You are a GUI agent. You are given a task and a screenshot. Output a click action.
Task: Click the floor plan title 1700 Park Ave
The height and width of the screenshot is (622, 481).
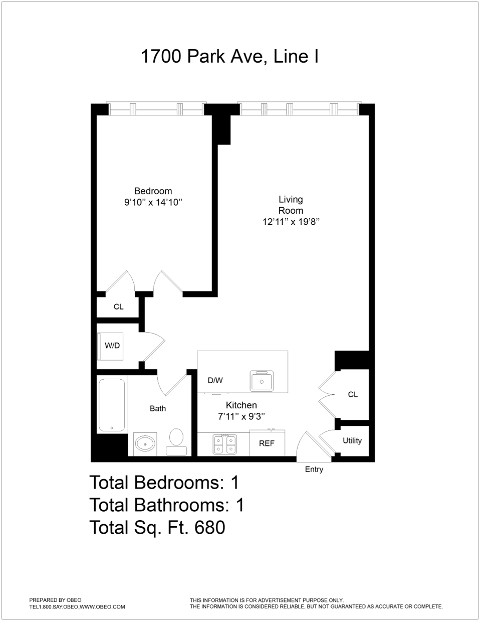229,56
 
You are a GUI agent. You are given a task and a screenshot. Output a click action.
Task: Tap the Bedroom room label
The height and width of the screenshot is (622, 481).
153,191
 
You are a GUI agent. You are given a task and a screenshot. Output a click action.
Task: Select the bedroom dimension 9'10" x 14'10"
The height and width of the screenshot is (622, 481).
153,203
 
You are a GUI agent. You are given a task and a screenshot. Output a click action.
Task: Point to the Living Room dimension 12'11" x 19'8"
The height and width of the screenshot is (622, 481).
291,222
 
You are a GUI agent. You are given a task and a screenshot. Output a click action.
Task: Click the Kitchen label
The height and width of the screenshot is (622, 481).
241,405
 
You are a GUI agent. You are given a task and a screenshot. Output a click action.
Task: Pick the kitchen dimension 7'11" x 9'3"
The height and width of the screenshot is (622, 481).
241,416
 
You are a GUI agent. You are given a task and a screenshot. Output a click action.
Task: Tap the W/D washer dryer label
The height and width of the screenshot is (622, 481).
112,346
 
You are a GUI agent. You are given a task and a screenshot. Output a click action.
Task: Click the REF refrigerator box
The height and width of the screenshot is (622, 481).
267,443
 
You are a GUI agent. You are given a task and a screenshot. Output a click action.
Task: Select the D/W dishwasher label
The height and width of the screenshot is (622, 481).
215,380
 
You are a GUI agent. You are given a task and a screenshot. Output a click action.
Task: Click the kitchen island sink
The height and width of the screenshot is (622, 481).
262,381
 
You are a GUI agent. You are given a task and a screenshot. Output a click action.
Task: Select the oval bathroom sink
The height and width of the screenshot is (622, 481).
145,444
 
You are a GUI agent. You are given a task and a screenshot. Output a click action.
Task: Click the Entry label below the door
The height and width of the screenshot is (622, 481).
314,470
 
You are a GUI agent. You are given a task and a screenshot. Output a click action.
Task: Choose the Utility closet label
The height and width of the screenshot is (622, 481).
352,440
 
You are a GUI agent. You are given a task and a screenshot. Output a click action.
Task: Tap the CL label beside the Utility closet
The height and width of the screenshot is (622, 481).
353,395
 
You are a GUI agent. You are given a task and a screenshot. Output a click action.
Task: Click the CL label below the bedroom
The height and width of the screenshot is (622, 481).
118,306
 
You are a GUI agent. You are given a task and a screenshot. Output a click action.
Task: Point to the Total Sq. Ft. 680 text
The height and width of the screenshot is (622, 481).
157,527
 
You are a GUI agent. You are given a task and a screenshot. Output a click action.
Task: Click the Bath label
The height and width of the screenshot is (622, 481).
158,408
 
